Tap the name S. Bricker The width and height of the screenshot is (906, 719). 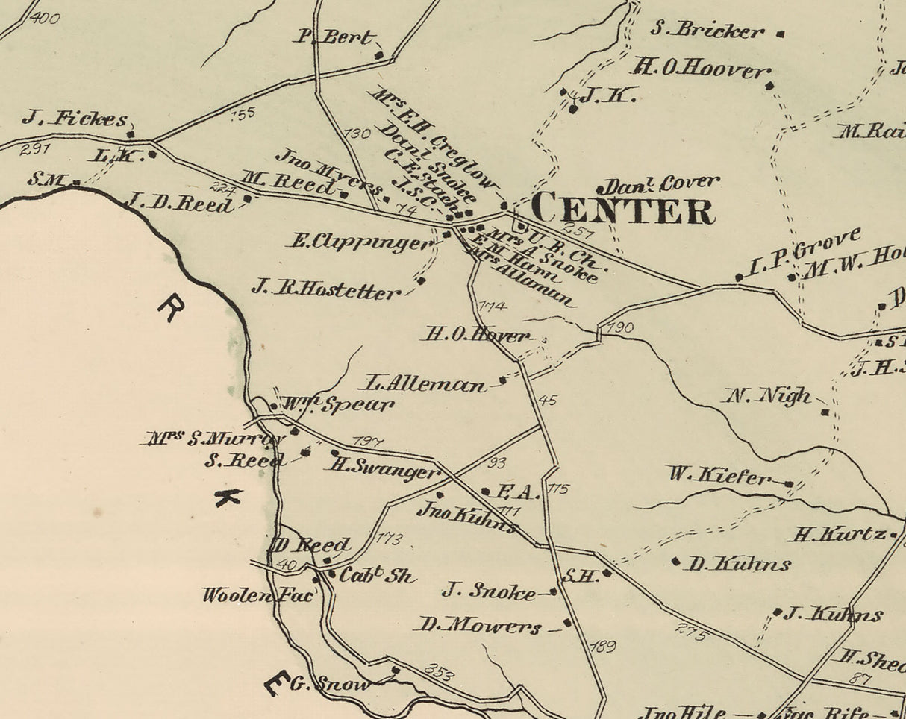coord(707,31)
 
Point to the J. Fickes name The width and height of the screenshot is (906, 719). coord(74,118)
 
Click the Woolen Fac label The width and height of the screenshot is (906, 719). coord(258,595)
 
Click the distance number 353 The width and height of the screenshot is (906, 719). coord(439,670)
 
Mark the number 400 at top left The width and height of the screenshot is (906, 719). coord(45,16)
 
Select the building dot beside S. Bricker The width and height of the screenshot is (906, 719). coord(781,34)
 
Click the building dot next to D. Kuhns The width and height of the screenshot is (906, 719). coord(676,561)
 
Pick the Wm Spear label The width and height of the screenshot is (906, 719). coord(337,405)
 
